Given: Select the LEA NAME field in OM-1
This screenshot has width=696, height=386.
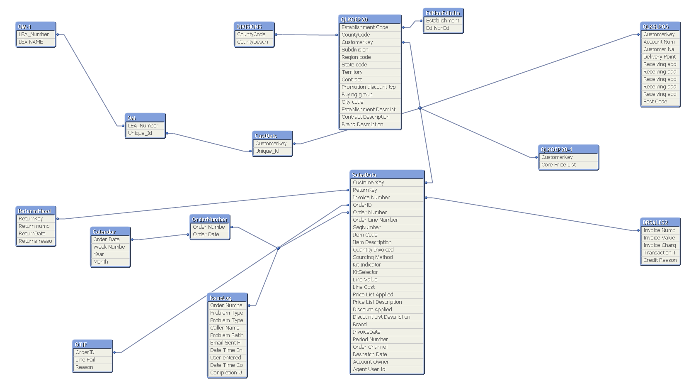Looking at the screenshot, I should (x=31, y=42).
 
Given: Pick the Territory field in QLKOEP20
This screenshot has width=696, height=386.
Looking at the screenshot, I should (x=352, y=72).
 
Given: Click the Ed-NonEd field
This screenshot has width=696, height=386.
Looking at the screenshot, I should (x=438, y=28).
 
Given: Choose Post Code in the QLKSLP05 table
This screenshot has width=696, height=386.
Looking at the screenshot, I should (x=655, y=102).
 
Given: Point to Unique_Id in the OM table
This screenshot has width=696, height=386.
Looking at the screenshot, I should (x=140, y=133).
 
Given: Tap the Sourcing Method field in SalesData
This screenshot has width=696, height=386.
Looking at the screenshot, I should (x=373, y=257).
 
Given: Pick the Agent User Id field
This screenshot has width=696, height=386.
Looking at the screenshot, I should (x=369, y=369).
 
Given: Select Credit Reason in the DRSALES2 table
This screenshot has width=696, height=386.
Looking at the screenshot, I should (x=660, y=260).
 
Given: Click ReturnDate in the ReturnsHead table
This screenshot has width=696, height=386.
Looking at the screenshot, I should (x=32, y=234).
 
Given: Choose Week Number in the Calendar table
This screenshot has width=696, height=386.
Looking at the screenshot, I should (x=109, y=247).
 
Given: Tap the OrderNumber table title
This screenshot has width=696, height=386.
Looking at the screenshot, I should (x=210, y=219).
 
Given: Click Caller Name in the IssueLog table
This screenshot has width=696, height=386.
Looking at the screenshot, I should (x=225, y=328).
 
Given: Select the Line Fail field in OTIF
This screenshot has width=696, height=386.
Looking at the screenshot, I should (x=85, y=360).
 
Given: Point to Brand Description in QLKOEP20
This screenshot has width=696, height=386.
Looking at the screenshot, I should (x=362, y=125).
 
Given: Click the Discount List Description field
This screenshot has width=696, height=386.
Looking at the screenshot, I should (x=381, y=317).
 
